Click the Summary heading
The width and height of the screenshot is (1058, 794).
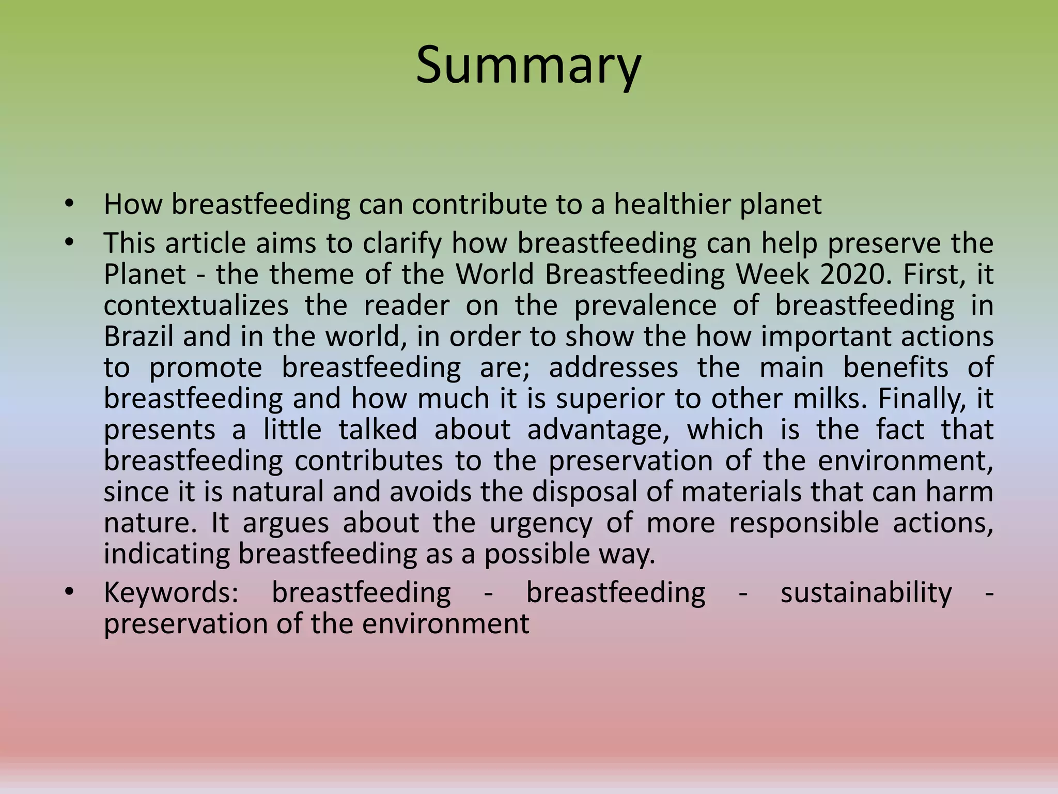(528, 66)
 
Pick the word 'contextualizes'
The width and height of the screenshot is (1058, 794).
(196, 305)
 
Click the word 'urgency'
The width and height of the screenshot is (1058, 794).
(541, 523)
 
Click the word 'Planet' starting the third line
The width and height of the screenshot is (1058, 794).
(145, 274)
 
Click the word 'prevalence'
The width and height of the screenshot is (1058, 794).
(645, 305)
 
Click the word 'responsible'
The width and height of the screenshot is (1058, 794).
(803, 523)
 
